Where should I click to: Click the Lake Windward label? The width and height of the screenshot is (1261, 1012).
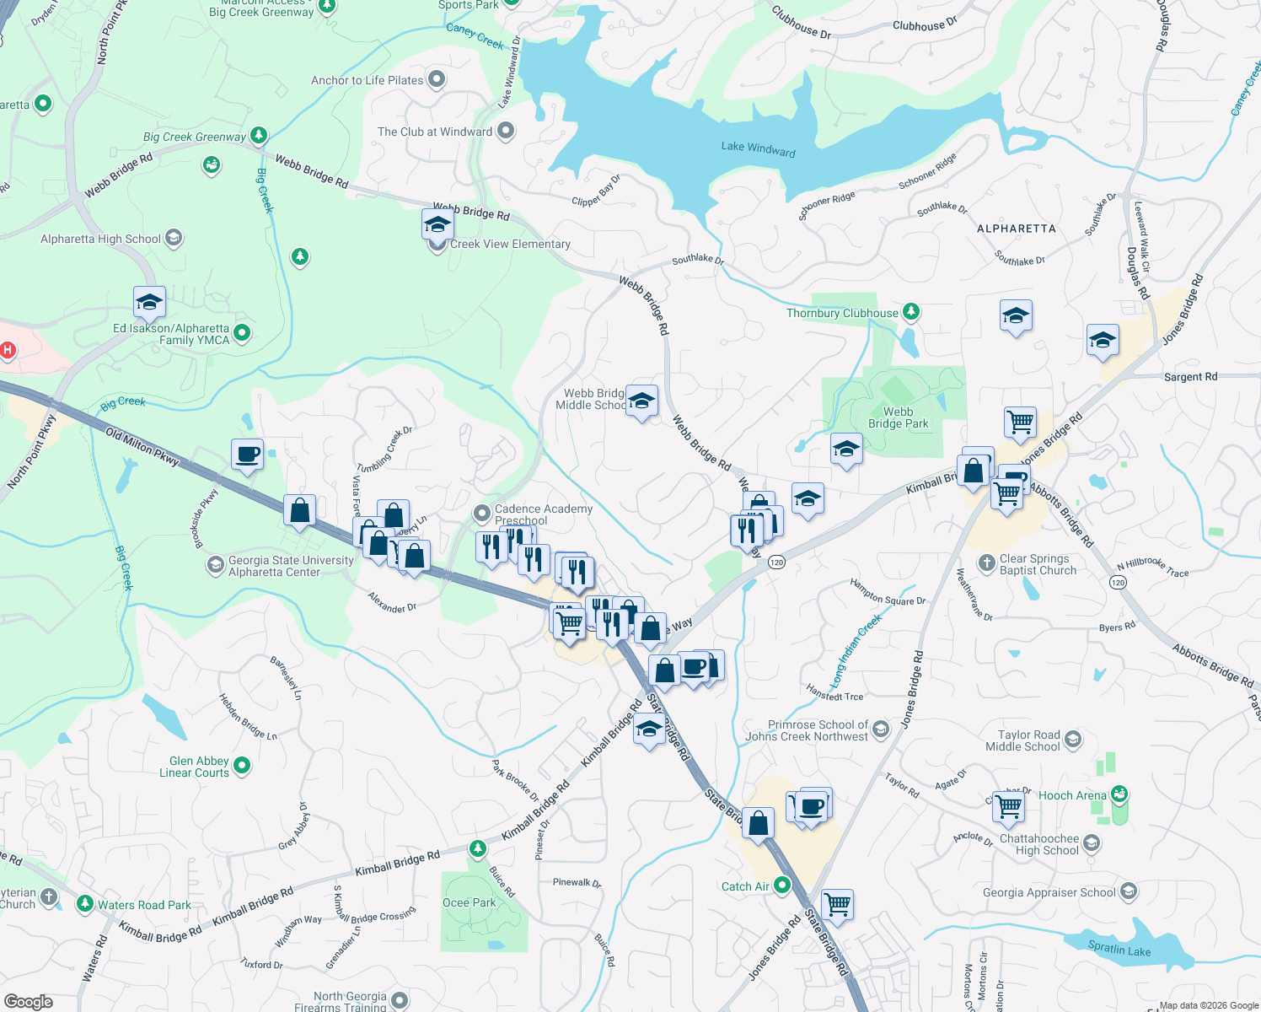click(758, 148)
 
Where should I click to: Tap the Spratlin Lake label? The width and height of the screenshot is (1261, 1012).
click(1119, 949)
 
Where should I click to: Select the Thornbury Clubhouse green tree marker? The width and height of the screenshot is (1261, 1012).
click(910, 312)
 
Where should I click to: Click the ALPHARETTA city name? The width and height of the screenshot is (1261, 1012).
click(1016, 229)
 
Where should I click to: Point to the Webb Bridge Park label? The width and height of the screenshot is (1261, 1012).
click(898, 417)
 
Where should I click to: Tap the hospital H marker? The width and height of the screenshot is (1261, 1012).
click(8, 350)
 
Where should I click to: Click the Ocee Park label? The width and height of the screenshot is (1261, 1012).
click(470, 902)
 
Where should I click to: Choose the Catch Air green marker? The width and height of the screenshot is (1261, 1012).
click(781, 885)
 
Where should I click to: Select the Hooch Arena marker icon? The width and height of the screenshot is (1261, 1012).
click(1119, 794)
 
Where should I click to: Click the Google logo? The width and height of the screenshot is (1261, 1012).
click(28, 1001)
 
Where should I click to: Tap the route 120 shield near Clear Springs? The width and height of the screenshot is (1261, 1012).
click(1118, 582)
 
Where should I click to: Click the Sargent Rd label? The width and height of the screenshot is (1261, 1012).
click(1190, 377)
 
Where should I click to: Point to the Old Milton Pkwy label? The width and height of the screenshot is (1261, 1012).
click(142, 446)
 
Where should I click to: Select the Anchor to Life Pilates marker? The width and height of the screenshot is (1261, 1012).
click(436, 80)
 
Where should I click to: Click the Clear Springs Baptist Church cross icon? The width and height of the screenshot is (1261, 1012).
click(986, 563)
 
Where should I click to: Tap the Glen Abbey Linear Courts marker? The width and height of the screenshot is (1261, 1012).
click(242, 766)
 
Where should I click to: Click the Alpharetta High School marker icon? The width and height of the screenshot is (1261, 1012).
click(174, 238)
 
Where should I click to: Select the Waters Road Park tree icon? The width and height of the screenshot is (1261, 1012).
click(84, 904)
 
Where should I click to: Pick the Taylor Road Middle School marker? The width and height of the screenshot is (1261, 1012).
click(1073, 740)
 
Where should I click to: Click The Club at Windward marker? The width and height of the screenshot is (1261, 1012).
click(506, 132)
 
